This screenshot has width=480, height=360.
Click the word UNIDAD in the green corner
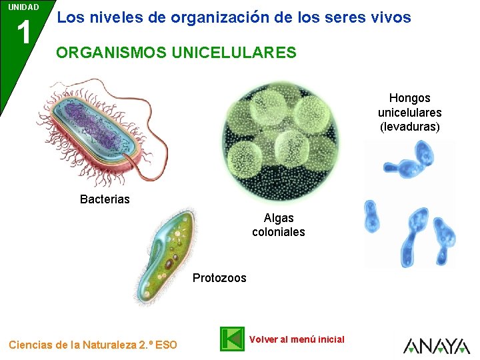[23, 7]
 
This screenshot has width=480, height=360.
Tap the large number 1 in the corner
[24, 32]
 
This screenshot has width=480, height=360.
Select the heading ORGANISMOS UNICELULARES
[176, 53]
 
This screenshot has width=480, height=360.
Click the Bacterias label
[105, 199]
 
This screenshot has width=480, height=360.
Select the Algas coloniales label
[278, 225]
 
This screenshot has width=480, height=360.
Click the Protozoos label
[219, 278]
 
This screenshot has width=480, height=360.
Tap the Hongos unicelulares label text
[409, 105]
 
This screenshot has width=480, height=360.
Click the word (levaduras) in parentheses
[409, 127]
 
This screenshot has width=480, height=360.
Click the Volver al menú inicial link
[296, 339]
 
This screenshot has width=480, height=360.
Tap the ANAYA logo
[436, 346]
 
